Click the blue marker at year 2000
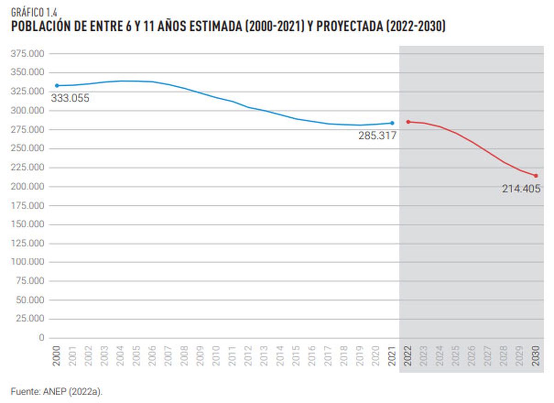click(57, 85)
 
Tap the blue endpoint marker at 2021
click(392, 123)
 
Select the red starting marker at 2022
click(408, 122)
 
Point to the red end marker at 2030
click(536, 175)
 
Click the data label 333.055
click(70, 98)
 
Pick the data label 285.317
click(377, 136)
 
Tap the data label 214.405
click(521, 188)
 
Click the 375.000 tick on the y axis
click(27, 54)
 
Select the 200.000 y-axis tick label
click(27, 186)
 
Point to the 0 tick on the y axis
click(42, 338)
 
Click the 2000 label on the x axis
click(57, 356)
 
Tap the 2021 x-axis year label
click(392, 356)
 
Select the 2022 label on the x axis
click(408, 356)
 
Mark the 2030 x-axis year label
click(536, 356)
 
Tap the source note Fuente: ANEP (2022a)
click(57, 392)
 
